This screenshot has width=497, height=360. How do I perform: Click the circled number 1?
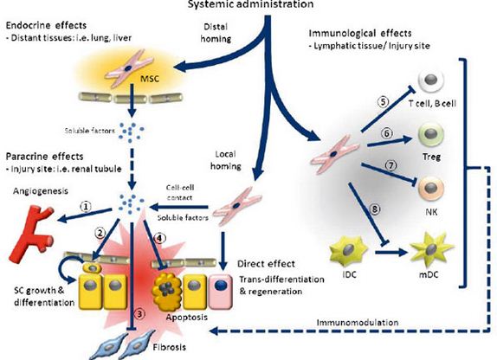(x=86, y=206)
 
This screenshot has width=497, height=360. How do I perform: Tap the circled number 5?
(x=383, y=102)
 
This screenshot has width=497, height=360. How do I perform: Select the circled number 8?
(x=374, y=209)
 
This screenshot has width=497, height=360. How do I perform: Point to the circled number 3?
(x=139, y=314)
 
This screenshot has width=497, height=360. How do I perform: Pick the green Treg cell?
(x=430, y=135)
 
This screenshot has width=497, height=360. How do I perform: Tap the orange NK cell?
(x=431, y=190)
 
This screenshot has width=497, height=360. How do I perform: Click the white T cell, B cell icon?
(x=431, y=80)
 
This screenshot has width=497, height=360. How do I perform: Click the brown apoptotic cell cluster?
(x=167, y=288)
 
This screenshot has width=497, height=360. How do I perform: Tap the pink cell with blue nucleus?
(x=221, y=291)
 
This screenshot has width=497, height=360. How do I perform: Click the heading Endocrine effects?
(x=46, y=25)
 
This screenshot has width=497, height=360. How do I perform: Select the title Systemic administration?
(x=250, y=4)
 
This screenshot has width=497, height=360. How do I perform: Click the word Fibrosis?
(x=169, y=347)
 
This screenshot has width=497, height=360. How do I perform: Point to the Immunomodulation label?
(x=358, y=323)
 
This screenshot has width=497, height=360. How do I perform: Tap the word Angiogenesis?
(x=41, y=191)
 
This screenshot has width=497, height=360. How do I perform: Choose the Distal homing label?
(x=216, y=33)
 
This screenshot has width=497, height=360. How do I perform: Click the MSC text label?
(x=150, y=78)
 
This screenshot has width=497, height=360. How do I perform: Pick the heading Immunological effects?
(x=360, y=33)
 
